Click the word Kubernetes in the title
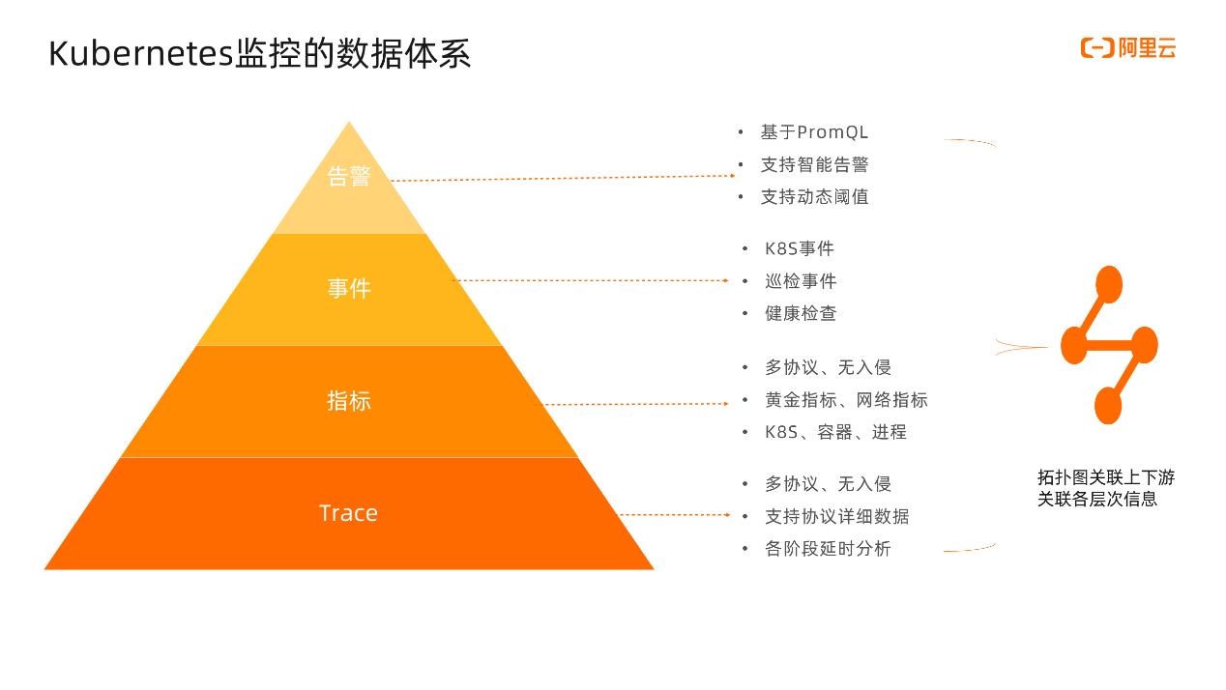click(141, 53)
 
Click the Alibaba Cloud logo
click(1128, 48)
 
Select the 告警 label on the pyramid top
click(349, 176)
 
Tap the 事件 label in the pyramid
click(349, 288)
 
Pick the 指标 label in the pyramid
click(349, 400)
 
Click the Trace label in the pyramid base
click(348, 513)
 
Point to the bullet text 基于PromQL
click(814, 132)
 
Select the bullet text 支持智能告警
click(814, 164)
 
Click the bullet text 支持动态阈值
click(814, 197)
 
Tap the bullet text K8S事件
click(799, 249)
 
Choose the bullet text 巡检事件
click(801, 281)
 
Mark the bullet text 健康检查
click(801, 313)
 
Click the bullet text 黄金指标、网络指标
click(846, 400)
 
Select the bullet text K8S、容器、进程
click(835, 432)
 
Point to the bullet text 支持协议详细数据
click(837, 517)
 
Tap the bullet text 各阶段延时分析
click(828, 549)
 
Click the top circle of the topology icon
click(1109, 284)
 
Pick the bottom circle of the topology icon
click(1108, 406)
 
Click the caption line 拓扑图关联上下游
click(1106, 477)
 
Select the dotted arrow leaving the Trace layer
click(675, 515)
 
